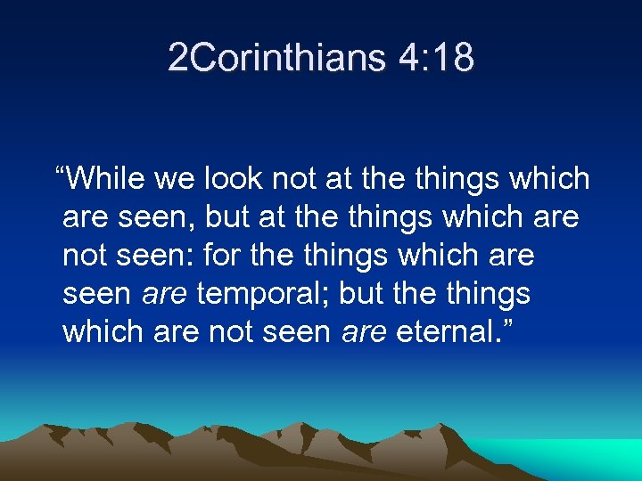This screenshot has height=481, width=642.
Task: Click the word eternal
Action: pyautogui.click(x=442, y=332)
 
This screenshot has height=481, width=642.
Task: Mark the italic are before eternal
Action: pyautogui.click(x=364, y=332)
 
